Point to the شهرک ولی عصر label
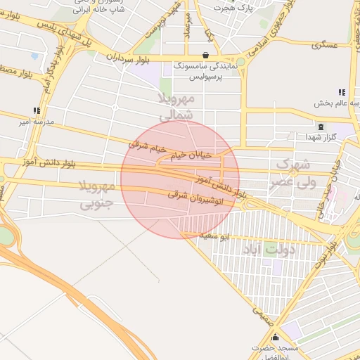pyautogui.click(x=296, y=173)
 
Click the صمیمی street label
pyautogui.click(x=259, y=314)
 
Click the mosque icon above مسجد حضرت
pyautogui.click(x=276, y=337)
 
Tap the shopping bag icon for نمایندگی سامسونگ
pyautogui.click(x=205, y=55)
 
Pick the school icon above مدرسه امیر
pyautogui.click(x=36, y=110)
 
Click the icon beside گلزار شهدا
pyautogui.click(x=320, y=127)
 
